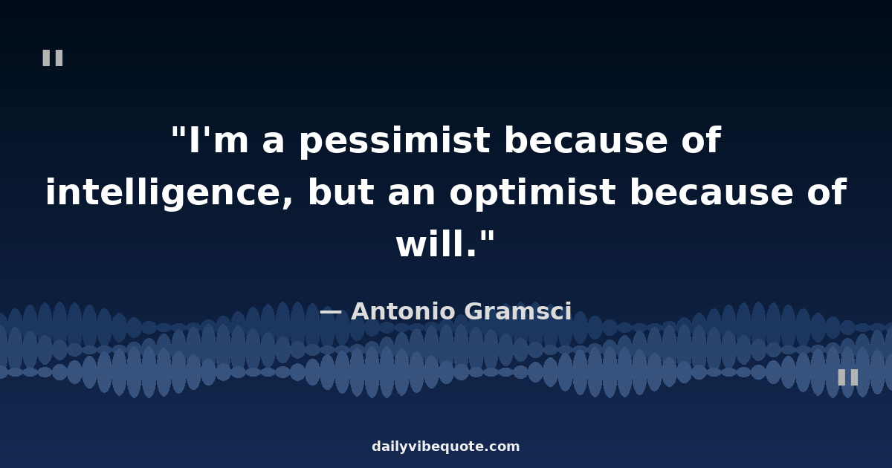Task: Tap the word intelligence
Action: click(x=169, y=192)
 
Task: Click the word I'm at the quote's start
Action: click(x=219, y=140)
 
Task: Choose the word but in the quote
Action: click(x=341, y=192)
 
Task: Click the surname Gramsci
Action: click(x=518, y=311)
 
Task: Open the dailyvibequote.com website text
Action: click(x=445, y=446)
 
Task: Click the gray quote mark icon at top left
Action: click(x=53, y=58)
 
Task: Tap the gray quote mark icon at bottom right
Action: click(x=848, y=377)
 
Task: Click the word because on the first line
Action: click(x=586, y=140)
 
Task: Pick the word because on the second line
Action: click(x=711, y=192)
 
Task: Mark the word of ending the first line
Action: click(x=701, y=140)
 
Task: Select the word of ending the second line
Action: click(x=827, y=192)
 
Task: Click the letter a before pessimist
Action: click(x=274, y=143)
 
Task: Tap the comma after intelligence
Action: click(x=288, y=204)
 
